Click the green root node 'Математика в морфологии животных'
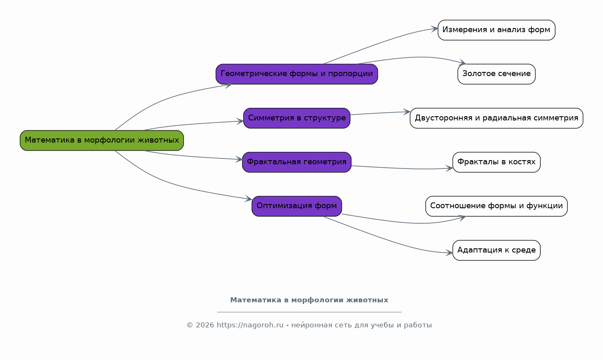click(102, 140)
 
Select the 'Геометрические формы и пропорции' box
click(297, 74)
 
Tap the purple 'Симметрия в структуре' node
click(297, 118)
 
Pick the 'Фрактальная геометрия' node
click(297, 162)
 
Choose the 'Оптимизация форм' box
click(297, 206)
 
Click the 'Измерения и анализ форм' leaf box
click(496, 30)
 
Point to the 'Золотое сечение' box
click(496, 74)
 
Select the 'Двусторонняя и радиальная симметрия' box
click(496, 118)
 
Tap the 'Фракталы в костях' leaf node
click(496, 162)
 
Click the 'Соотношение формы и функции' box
click(496, 206)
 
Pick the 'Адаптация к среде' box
click(496, 250)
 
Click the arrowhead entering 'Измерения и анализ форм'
click(435, 29)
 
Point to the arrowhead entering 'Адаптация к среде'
click(449, 253)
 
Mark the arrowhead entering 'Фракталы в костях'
click(449, 169)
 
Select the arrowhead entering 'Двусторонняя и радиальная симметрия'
click(407, 112)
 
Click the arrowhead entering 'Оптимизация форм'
click(249, 199)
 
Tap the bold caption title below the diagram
click(309, 300)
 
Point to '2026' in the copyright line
click(205, 325)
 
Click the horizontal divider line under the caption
click(309, 312)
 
